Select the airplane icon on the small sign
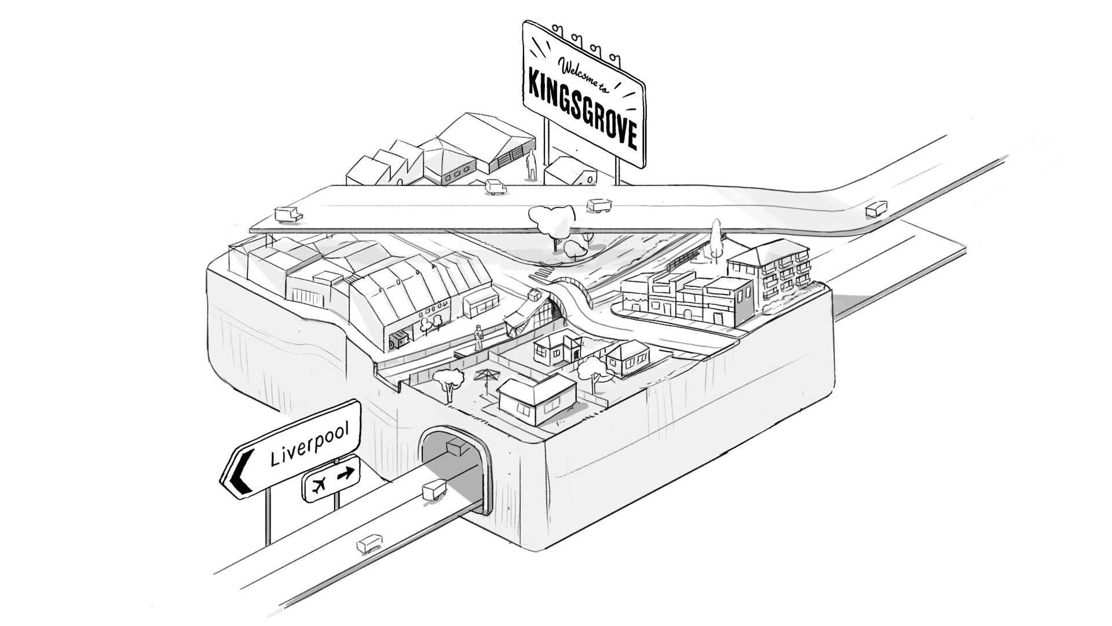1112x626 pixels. (x=317, y=485)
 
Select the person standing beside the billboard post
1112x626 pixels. (x=531, y=165)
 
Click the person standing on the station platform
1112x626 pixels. (x=479, y=338)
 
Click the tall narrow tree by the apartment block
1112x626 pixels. (x=716, y=238)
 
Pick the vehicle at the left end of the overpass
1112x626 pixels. (x=287, y=214)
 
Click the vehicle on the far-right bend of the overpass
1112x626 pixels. (x=875, y=209)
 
